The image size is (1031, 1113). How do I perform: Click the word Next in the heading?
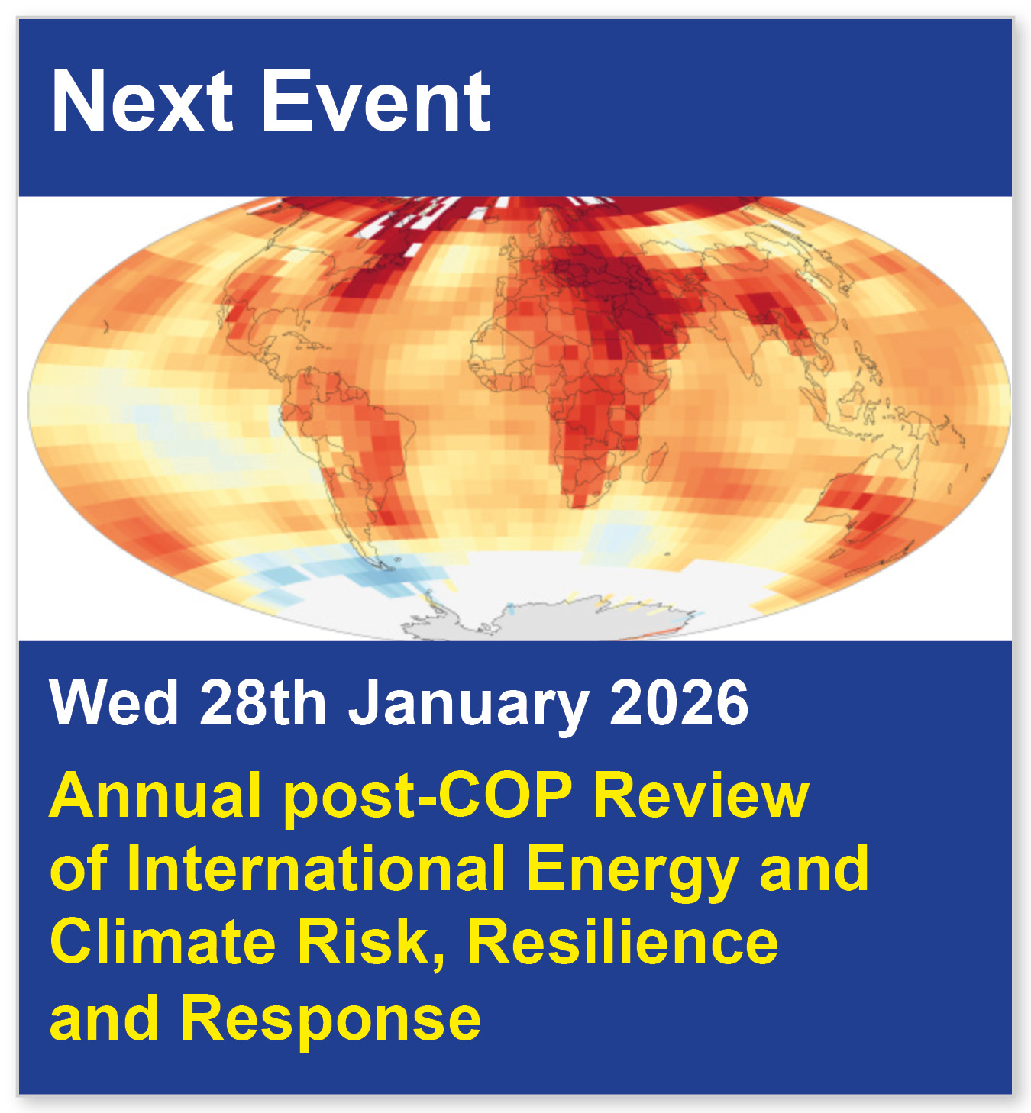pos(142,102)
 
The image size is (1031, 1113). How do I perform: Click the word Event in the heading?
pos(376,102)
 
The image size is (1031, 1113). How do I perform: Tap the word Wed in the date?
pos(114,703)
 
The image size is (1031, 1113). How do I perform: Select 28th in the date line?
pos(263,703)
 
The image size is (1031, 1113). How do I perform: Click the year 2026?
pos(679,703)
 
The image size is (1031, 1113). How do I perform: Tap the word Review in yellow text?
pos(700,795)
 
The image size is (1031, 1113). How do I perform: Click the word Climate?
pos(163,942)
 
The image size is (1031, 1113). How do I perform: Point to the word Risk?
pos(370,942)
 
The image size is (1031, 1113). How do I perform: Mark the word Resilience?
pos(622,942)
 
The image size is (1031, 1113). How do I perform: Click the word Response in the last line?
pos(331,1020)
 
